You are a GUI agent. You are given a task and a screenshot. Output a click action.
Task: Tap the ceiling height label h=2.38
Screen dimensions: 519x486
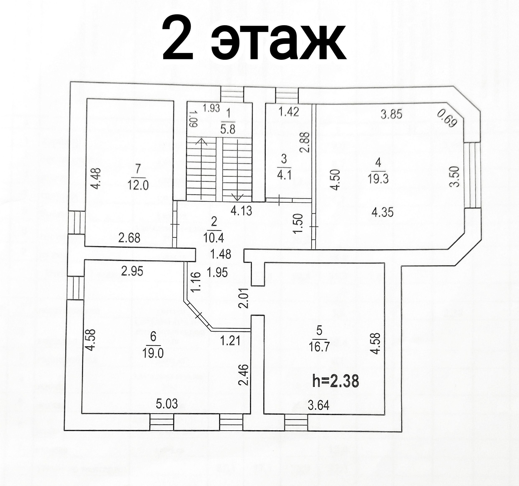click(x=335, y=381)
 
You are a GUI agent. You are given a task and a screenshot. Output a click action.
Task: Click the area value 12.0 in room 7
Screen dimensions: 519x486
click(x=138, y=186)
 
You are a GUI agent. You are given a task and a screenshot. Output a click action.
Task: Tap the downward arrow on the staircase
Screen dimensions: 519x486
click(x=238, y=197)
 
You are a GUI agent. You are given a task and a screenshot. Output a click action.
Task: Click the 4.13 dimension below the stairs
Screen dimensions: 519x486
click(x=241, y=211)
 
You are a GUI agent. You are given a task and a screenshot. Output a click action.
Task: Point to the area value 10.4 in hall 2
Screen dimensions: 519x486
click(x=214, y=238)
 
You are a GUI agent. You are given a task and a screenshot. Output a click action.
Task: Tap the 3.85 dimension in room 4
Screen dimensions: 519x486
click(x=391, y=114)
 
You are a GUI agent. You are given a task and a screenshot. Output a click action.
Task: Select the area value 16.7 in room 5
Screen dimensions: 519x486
click(x=320, y=347)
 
